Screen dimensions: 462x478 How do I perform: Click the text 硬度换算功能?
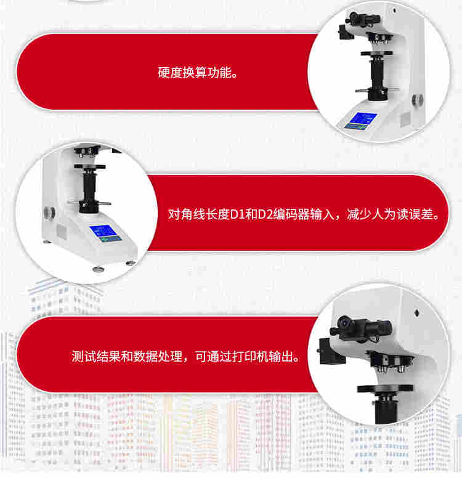[x=194, y=73]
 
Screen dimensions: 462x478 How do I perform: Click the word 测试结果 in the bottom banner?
[x=96, y=357]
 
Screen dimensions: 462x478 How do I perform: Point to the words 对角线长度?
[x=198, y=214]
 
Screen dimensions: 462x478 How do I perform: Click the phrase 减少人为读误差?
[x=390, y=214]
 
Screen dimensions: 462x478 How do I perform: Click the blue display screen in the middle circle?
[x=105, y=233]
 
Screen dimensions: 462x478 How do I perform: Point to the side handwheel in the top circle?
[x=418, y=100]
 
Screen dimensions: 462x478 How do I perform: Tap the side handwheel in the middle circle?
[x=49, y=212]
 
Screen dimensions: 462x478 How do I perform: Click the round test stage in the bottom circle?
[x=385, y=389]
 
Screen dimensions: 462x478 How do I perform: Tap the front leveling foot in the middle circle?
[x=98, y=269]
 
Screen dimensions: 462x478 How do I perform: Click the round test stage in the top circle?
[x=376, y=54]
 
